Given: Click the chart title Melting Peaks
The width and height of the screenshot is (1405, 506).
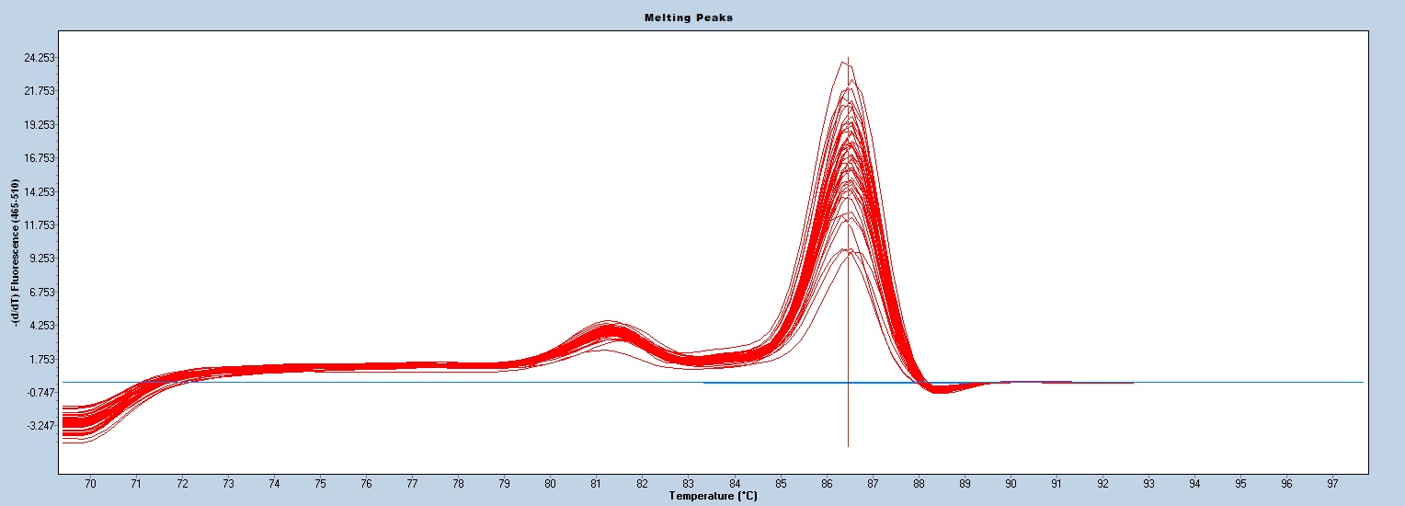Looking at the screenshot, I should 702,17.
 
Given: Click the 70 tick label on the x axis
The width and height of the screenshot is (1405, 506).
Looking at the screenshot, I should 90,483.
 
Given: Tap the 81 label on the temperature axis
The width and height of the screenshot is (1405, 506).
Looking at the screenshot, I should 596,483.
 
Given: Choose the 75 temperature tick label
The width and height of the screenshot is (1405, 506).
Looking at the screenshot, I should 320,483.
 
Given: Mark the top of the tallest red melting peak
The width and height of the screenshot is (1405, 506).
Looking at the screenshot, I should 843,63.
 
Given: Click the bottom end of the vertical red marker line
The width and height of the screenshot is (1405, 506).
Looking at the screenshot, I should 848,445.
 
